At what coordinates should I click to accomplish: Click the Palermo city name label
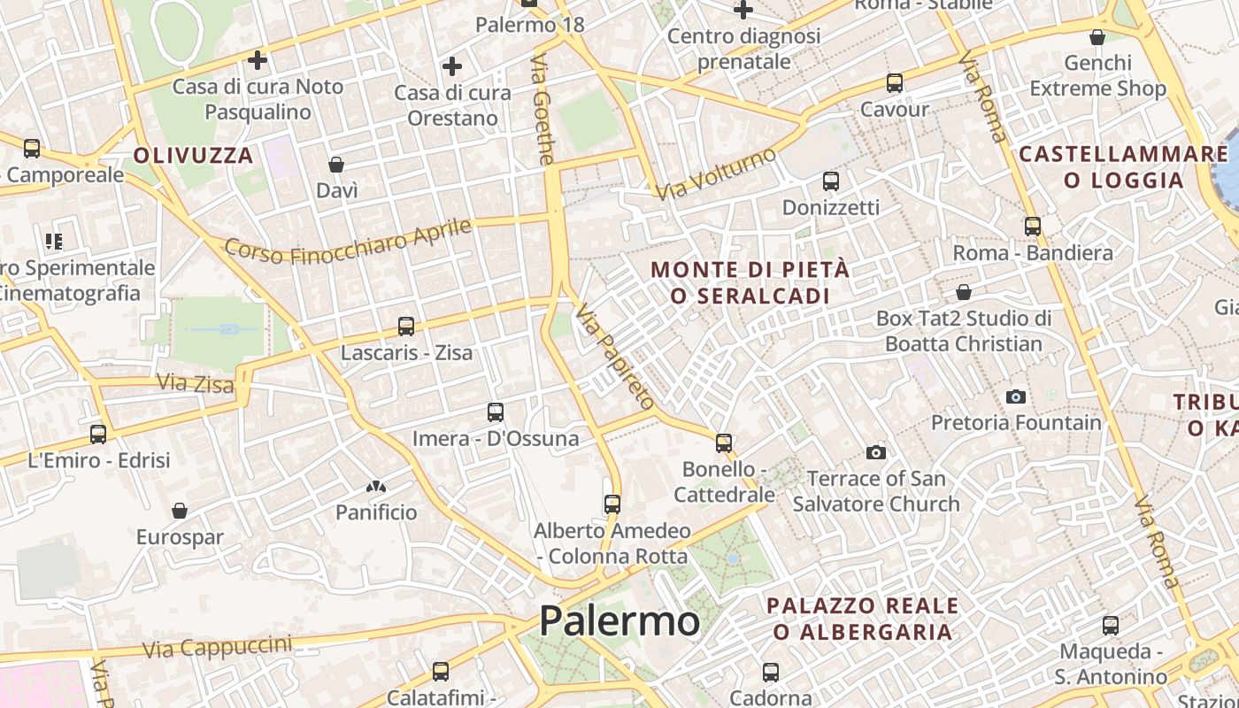coord(619,620)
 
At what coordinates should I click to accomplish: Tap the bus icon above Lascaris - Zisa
coord(406,327)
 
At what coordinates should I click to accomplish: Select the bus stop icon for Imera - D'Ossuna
coord(496,412)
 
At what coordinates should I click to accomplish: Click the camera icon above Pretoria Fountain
coord(1016,396)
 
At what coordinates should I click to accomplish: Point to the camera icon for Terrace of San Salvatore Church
coord(876,453)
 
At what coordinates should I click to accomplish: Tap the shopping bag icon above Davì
coord(336,165)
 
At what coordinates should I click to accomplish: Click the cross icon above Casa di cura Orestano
coord(452,66)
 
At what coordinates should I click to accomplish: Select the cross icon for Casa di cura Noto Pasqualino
coord(258,60)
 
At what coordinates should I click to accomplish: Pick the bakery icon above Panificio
coord(376,487)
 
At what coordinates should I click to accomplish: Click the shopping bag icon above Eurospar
coord(180,511)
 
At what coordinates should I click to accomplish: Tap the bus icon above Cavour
coord(895,83)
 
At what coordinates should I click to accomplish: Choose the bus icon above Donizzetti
coord(830,181)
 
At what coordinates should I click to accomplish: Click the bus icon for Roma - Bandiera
coord(1033,227)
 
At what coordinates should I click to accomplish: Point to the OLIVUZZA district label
coord(194,156)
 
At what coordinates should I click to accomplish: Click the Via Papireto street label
coord(615,357)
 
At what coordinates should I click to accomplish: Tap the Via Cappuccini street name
coord(217,647)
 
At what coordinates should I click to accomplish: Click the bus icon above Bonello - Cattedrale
coord(724,442)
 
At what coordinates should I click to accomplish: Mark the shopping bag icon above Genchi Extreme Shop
coord(1097,37)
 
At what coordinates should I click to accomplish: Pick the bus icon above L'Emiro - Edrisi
coord(98,435)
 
